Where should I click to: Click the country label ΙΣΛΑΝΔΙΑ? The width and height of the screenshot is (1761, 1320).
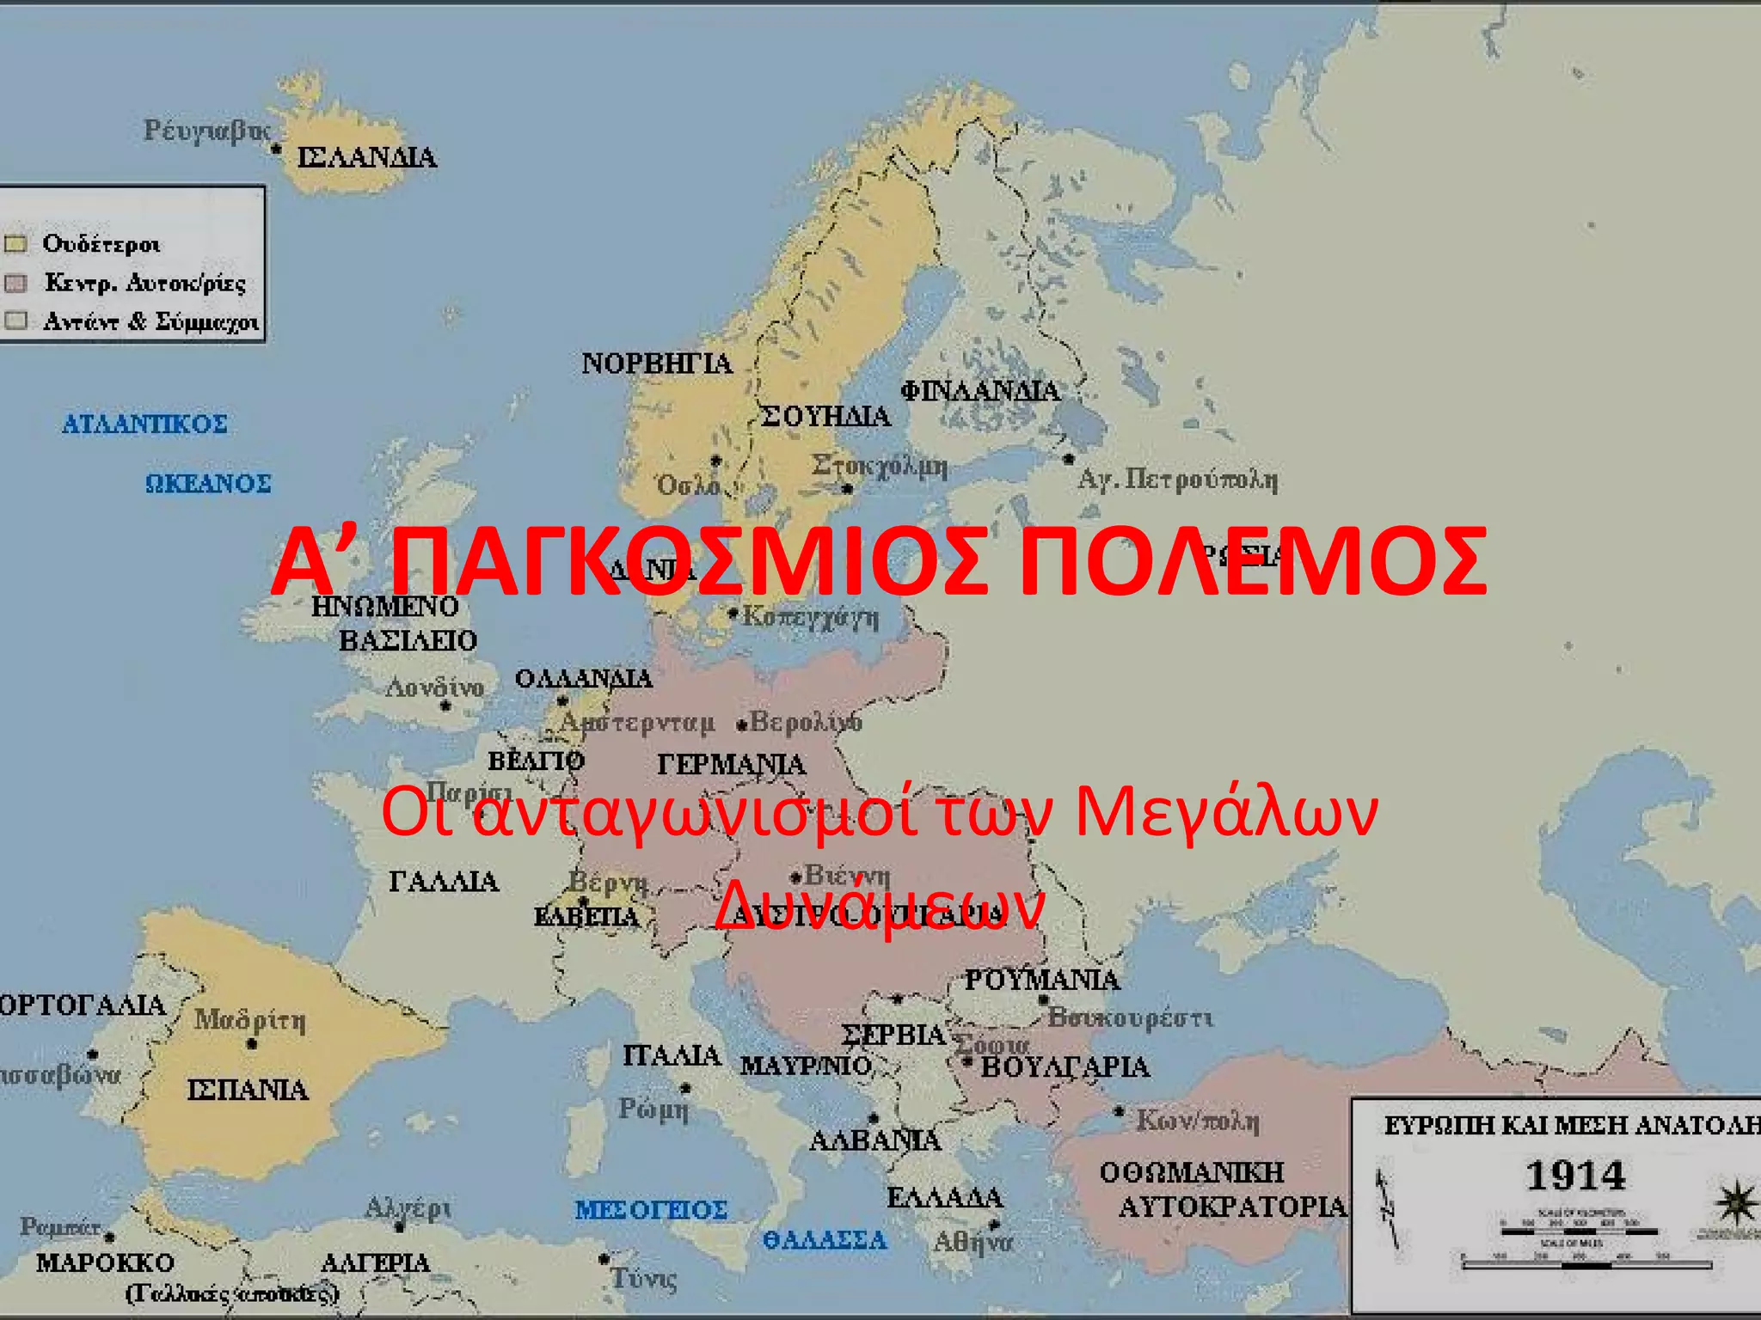click(367, 158)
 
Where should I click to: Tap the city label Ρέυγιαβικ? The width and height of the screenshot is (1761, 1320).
click(206, 131)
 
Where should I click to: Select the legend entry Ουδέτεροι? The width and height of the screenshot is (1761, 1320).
click(101, 244)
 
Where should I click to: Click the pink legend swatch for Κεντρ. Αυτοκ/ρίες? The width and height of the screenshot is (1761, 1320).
click(16, 283)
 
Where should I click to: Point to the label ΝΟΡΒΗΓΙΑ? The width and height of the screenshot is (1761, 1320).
click(657, 364)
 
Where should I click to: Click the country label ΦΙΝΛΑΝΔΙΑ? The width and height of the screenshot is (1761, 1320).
click(980, 392)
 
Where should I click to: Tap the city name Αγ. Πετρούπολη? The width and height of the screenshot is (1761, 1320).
click(1178, 480)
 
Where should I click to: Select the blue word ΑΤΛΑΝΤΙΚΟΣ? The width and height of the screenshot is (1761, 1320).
click(144, 424)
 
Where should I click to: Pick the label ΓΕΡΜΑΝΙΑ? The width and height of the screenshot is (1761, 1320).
click(732, 764)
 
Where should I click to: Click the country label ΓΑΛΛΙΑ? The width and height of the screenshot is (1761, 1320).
click(444, 882)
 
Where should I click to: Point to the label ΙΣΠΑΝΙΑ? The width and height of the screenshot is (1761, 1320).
click(248, 1091)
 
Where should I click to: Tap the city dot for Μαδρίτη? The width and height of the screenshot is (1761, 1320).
click(252, 1044)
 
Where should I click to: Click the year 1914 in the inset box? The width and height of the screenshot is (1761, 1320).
click(1575, 1176)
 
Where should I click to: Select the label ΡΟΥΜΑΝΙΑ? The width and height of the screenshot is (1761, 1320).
click(1042, 980)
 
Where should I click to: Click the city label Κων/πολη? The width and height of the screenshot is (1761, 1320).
click(1198, 1121)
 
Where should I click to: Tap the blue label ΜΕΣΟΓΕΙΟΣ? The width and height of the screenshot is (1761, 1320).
click(652, 1210)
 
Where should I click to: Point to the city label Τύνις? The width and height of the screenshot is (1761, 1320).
click(644, 1279)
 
